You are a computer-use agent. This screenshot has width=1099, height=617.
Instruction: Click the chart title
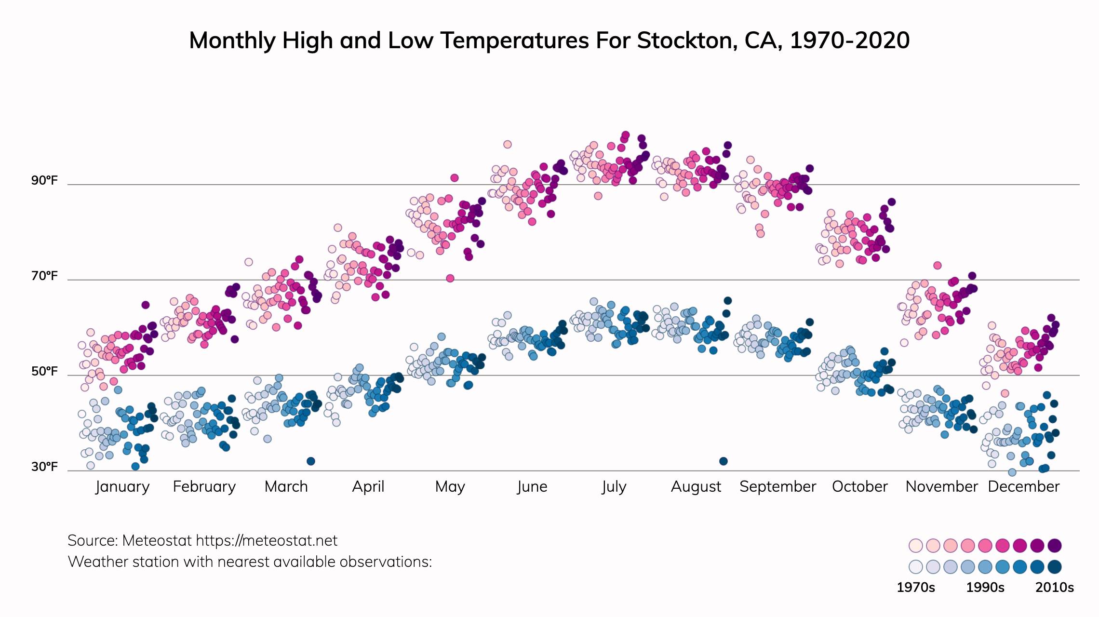549,40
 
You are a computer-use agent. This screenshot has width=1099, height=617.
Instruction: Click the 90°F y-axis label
44,181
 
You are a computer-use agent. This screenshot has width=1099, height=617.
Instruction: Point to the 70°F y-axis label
44,276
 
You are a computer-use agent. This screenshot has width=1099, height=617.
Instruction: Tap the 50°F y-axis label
44,372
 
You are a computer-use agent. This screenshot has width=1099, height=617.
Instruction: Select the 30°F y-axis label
44,467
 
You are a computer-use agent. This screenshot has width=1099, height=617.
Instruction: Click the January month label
122,487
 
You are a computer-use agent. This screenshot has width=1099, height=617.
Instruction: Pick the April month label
368,487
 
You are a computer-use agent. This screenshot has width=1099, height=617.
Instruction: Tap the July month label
614,487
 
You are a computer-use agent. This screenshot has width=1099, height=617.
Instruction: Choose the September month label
777,487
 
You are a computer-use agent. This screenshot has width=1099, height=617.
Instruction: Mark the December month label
1023,487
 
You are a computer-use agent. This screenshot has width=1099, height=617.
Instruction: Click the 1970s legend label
916,588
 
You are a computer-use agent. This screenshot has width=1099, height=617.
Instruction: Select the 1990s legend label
985,588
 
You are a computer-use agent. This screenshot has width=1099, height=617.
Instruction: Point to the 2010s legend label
1055,588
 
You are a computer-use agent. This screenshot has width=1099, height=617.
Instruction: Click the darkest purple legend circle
1055,546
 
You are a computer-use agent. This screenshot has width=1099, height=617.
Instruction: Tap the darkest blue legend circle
1055,567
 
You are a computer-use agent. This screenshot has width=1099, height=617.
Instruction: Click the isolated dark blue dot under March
311,461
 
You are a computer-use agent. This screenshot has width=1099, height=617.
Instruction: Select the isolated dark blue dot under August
724,461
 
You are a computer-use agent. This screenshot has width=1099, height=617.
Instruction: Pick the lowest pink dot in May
450,278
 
